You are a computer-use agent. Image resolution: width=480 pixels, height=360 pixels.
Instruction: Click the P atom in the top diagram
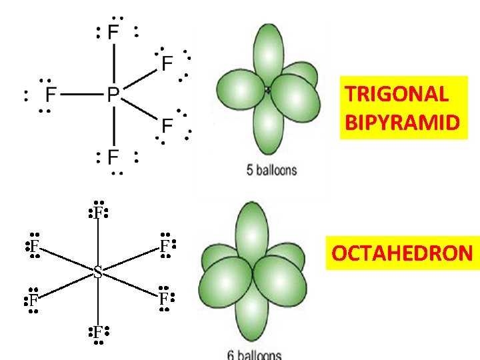click(x=113, y=95)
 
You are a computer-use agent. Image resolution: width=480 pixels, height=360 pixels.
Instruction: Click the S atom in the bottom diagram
click(x=98, y=272)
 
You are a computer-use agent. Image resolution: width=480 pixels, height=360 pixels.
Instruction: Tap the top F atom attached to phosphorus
click(x=113, y=32)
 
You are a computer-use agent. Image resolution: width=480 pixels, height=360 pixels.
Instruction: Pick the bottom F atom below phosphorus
click(x=113, y=157)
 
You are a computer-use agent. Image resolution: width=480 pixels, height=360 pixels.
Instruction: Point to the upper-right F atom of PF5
click(x=167, y=63)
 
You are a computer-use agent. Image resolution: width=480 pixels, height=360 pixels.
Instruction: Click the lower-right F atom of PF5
click(x=167, y=125)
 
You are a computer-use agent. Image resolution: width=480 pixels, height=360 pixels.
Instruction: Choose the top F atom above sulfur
click(x=98, y=213)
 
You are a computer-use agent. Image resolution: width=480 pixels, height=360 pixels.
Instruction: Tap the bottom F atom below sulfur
click(x=98, y=331)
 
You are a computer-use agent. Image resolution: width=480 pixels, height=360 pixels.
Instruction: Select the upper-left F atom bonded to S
click(x=33, y=245)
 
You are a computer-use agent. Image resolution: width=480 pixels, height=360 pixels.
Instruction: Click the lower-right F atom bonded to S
click(x=163, y=299)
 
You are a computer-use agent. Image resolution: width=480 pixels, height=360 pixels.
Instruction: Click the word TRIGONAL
click(x=397, y=94)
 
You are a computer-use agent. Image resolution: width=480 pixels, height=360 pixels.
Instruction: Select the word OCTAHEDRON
click(x=402, y=253)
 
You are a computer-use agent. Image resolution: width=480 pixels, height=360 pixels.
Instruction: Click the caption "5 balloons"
click(x=272, y=171)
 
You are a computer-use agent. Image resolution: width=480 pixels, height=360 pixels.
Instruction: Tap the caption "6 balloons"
click(x=255, y=355)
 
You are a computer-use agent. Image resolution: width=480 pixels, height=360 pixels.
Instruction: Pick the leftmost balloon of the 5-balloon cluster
click(x=238, y=93)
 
